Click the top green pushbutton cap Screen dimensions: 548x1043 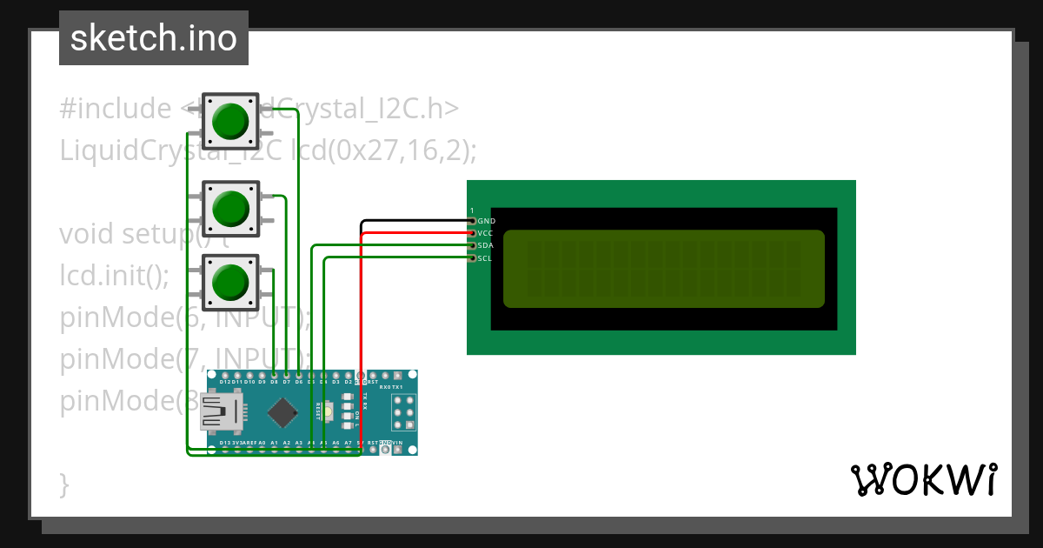tap(230, 121)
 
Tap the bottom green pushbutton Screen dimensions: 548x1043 tap(230, 282)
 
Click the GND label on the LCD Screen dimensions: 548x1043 tap(487, 221)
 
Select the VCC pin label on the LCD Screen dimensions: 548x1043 tap(487, 233)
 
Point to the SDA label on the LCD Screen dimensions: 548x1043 tap(487, 245)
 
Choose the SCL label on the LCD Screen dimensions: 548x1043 tap(486, 257)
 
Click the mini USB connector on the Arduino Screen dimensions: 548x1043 tap(221, 411)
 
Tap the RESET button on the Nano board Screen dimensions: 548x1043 tap(329, 411)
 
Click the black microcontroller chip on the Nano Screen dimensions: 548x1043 tap(283, 412)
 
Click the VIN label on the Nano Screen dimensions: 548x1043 tap(397, 443)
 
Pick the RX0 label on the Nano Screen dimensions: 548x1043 tap(386, 386)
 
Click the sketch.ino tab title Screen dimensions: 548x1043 tap(154, 38)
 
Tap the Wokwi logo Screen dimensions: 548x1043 tap(922, 479)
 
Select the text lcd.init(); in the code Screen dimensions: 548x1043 tap(114, 276)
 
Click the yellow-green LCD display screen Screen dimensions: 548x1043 tap(663, 269)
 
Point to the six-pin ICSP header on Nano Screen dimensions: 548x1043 tap(404, 412)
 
